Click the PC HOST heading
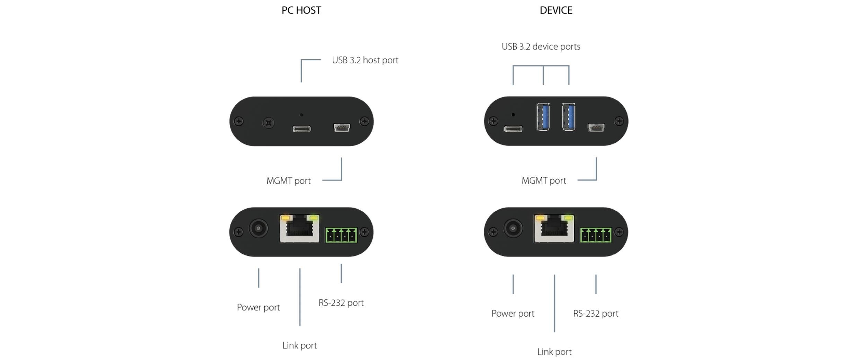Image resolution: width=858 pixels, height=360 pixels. (x=301, y=10)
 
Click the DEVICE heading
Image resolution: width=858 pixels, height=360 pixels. (x=556, y=10)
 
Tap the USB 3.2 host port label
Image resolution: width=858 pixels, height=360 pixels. (x=365, y=60)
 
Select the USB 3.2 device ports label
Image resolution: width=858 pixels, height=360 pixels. (x=541, y=47)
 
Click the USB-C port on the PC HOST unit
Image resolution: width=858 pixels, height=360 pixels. (x=301, y=129)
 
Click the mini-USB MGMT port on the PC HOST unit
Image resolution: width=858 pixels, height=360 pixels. (x=342, y=128)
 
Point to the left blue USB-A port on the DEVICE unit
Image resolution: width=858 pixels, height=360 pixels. (x=543, y=117)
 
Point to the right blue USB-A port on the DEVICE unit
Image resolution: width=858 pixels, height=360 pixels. (x=569, y=117)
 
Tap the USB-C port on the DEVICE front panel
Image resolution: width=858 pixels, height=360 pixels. (x=513, y=129)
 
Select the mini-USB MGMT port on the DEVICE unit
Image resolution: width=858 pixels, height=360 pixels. (x=596, y=128)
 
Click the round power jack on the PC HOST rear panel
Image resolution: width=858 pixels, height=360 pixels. (x=259, y=228)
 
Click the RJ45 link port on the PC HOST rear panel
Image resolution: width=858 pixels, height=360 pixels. (x=300, y=229)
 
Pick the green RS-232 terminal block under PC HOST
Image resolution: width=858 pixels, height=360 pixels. (x=341, y=235)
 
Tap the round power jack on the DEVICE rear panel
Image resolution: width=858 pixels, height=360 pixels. (x=513, y=228)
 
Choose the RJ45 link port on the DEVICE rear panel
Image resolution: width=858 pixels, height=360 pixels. (x=554, y=229)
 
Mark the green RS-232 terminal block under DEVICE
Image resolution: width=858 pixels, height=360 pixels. (x=596, y=235)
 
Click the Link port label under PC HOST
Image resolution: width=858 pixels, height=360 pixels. (x=299, y=345)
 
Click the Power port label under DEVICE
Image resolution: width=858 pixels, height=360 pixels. (x=513, y=314)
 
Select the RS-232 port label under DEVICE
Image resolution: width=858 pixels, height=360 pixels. (x=595, y=314)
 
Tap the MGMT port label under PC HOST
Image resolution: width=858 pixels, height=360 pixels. (x=288, y=181)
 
